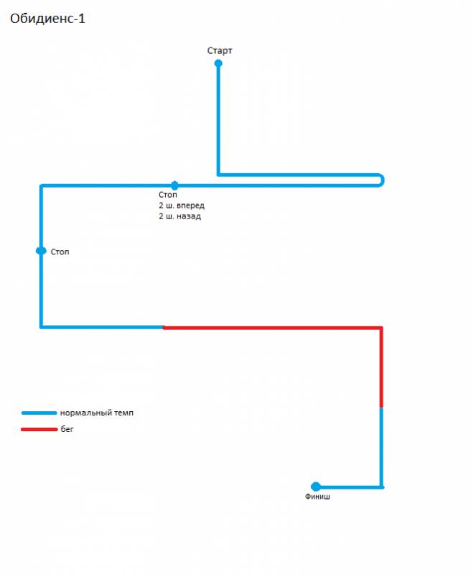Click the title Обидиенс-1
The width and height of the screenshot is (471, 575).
point(47,19)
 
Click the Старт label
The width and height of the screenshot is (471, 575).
point(220,50)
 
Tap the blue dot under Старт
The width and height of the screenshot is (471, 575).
point(218,63)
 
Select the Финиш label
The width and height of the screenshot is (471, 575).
point(317,497)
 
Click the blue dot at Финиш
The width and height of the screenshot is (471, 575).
point(316,487)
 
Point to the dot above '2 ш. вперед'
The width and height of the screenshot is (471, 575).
point(174,185)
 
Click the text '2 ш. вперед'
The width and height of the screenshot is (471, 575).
point(182,206)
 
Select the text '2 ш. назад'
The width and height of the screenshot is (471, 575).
point(179,216)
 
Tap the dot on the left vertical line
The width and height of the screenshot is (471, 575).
point(41,251)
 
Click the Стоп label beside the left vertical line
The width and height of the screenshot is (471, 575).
point(60,252)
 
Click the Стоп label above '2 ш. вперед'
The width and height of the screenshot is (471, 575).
point(168,195)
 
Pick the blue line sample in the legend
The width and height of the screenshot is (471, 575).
point(39,413)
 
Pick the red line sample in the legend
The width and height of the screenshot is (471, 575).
point(39,429)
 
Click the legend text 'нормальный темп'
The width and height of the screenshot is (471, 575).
point(97,413)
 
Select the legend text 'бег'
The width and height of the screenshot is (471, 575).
point(67,429)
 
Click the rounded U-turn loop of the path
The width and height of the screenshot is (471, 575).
point(383,180)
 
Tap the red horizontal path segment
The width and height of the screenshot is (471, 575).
point(272,328)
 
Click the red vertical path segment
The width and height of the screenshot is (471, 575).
point(381,367)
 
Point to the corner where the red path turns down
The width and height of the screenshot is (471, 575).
point(381,328)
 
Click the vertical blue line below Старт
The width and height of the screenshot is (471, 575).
point(218,119)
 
